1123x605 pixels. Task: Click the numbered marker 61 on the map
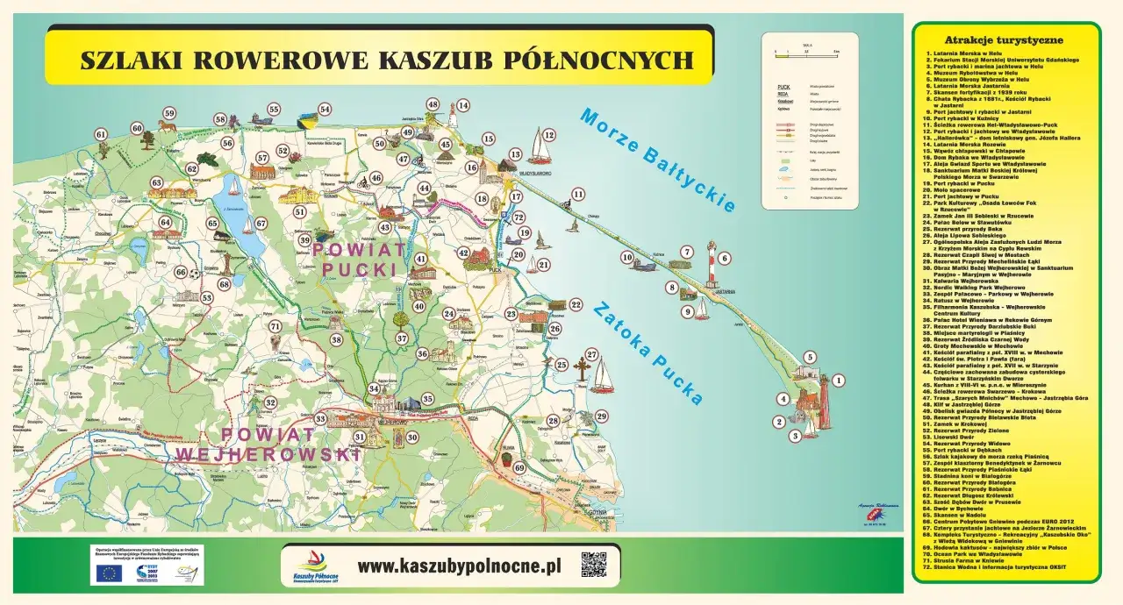(x=101, y=135)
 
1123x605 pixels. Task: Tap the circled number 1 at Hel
(x=838, y=381)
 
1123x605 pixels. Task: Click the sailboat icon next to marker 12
(x=538, y=144)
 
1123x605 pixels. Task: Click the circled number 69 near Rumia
(x=519, y=468)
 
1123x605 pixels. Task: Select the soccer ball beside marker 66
(x=195, y=273)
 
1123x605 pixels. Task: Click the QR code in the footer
(x=593, y=566)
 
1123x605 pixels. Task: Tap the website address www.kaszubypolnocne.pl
(x=459, y=566)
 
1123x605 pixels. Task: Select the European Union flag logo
(x=110, y=573)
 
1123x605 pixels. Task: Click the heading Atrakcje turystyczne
(x=1004, y=40)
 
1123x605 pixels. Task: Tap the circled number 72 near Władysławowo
(x=519, y=217)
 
